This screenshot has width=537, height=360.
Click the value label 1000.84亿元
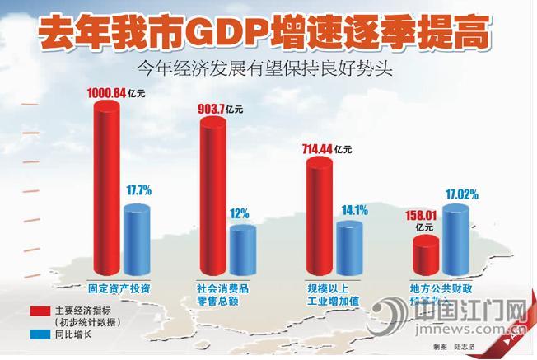114,94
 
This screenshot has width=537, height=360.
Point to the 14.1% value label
350,209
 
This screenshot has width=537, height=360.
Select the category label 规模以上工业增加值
333,295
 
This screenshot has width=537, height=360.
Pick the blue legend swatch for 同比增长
40,335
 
